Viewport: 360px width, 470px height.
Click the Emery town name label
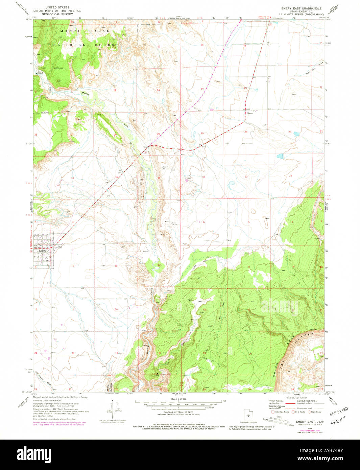[x=42, y=251]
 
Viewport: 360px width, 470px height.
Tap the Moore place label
[x=249, y=114]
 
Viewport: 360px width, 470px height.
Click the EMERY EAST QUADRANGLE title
[x=302, y=7]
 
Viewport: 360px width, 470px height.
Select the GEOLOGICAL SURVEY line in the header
[x=55, y=14]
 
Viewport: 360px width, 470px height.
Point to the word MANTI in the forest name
[x=67, y=31]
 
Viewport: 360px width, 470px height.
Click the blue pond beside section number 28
[x=296, y=134]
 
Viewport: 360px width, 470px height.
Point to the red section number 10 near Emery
[x=72, y=266]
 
